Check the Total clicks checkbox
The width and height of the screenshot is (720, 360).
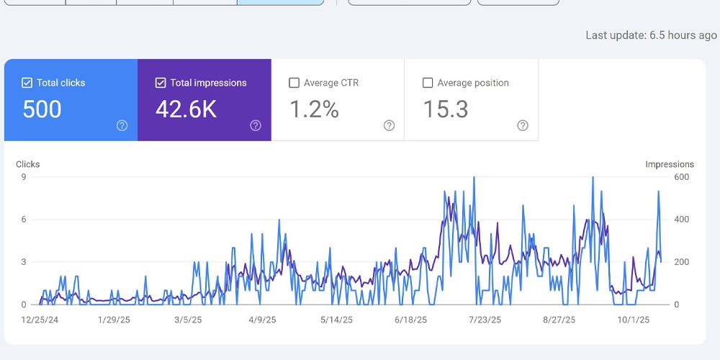tap(27, 83)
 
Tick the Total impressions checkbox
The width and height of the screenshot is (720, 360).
tap(161, 83)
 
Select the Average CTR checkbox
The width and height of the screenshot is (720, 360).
tap(294, 83)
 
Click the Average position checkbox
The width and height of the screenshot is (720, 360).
tap(428, 83)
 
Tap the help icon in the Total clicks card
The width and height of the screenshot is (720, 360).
tap(122, 125)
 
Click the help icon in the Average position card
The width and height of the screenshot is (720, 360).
tap(523, 125)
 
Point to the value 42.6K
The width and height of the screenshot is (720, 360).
tap(186, 109)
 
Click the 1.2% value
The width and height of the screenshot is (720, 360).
tap(314, 109)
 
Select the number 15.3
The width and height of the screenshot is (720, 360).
tap(446, 109)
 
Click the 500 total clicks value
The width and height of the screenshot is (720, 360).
tap(42, 109)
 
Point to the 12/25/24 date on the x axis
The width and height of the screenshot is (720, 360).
tap(40, 320)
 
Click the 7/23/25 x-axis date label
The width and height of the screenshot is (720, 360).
tap(484, 320)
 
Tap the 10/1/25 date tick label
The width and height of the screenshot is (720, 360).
tap(634, 320)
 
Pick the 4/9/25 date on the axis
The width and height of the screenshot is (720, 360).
tap(262, 320)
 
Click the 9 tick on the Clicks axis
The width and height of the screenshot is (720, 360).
tap(23, 177)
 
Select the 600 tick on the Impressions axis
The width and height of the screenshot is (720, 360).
tap(682, 177)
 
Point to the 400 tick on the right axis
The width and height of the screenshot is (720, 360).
tap(682, 220)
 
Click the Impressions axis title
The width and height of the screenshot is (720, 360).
tap(670, 164)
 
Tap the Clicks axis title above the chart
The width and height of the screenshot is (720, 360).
tap(27, 164)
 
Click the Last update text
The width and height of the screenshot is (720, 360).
tap(651, 35)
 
